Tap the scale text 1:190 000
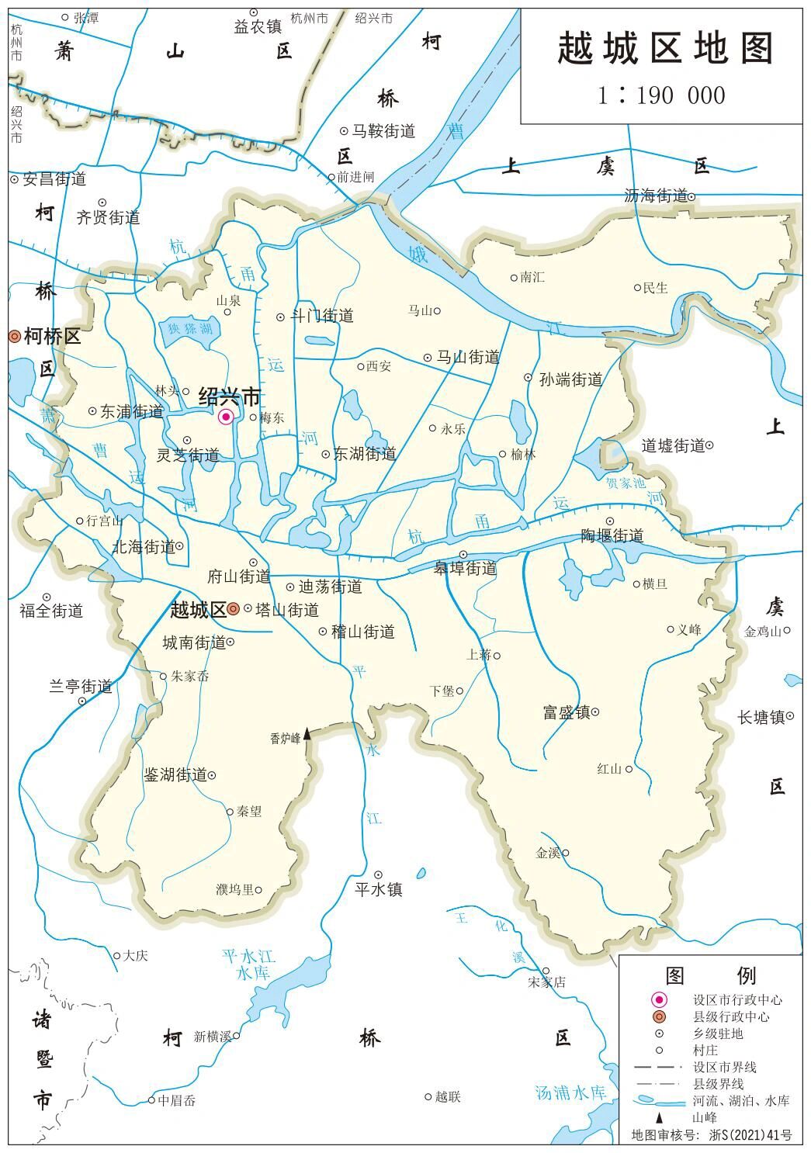(661, 95)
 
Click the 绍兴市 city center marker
(227, 417)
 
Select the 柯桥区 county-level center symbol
(14, 337)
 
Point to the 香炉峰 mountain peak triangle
(307, 733)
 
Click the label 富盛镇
(567, 712)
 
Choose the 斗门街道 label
(321, 316)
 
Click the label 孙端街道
(571, 379)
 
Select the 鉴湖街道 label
(175, 775)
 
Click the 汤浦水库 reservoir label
(570, 1093)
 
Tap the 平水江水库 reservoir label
(244, 964)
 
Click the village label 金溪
(548, 853)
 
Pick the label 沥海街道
(656, 196)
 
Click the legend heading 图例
(710, 975)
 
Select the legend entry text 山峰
(705, 1118)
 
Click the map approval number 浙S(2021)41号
(750, 1135)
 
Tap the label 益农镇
(258, 26)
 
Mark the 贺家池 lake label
(626, 483)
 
